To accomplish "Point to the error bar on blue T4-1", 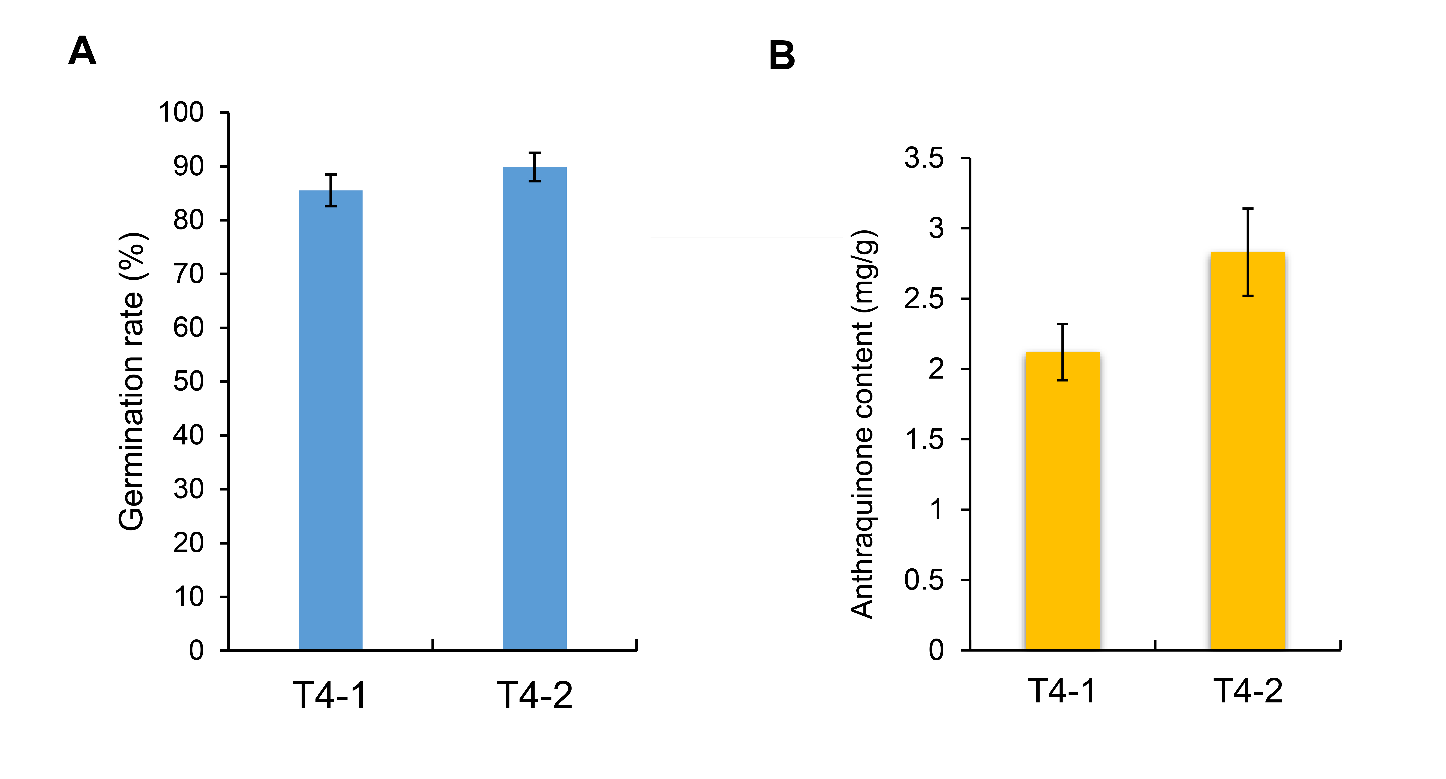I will (331, 190).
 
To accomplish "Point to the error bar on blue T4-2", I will (534, 167).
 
